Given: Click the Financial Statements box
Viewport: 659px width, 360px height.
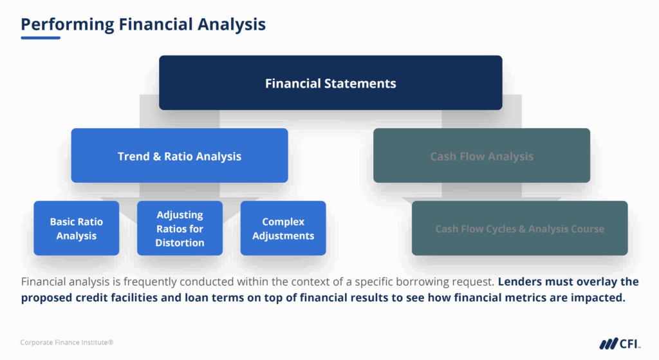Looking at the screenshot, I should point(330,82).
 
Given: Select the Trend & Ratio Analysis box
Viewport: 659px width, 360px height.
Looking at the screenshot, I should point(179,156).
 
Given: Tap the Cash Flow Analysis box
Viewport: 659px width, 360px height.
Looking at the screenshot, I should point(481,156).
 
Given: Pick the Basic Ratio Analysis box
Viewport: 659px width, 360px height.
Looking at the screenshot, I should point(76,229).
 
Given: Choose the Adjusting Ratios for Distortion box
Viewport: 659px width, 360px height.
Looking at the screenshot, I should point(180,229).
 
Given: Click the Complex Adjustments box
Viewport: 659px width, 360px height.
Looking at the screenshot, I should point(283,229).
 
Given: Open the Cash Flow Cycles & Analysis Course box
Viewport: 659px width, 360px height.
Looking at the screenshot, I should point(519,229).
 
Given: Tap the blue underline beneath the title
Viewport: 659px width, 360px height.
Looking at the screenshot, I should point(41,37).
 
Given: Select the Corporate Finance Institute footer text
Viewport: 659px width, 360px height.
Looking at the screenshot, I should point(67,343).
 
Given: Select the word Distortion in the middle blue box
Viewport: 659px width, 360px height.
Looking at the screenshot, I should point(180,243).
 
